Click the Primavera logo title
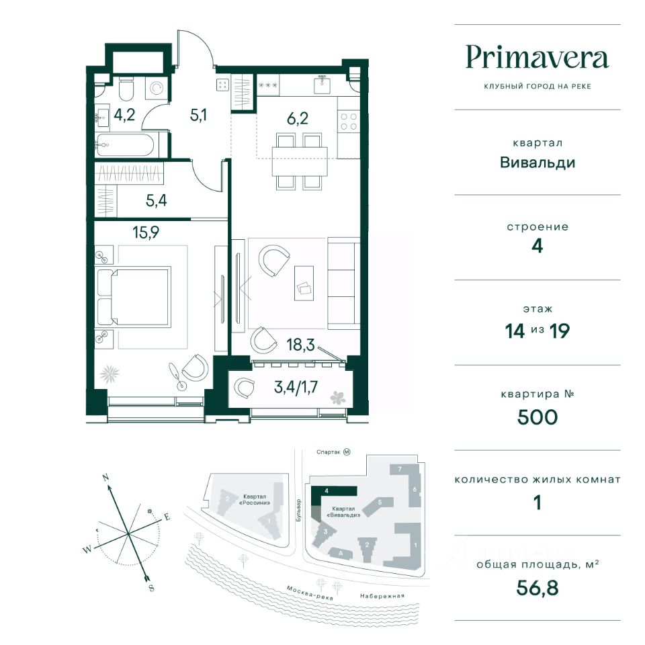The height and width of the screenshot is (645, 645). click(x=537, y=58)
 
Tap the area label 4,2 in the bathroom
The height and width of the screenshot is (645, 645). click(x=124, y=114)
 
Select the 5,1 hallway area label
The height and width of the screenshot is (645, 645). click(x=198, y=115)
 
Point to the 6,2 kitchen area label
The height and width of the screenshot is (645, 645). click(x=298, y=118)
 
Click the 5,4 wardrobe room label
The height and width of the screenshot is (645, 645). click(x=157, y=200)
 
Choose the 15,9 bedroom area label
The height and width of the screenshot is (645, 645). click(x=146, y=232)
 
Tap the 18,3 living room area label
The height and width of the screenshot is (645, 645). click(x=301, y=345)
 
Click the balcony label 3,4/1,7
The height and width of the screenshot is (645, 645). click(x=296, y=387)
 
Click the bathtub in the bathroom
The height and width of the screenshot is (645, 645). click(x=126, y=145)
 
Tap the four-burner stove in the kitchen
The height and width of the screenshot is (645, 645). click(x=349, y=122)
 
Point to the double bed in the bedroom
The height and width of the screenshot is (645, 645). click(x=133, y=297)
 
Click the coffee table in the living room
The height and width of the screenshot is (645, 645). click(x=304, y=283)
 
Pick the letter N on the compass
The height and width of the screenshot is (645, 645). click(x=105, y=478)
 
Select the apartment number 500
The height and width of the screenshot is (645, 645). click(x=537, y=417)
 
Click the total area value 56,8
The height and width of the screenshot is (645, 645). click(x=537, y=587)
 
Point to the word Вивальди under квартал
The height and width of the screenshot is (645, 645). click(x=537, y=163)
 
